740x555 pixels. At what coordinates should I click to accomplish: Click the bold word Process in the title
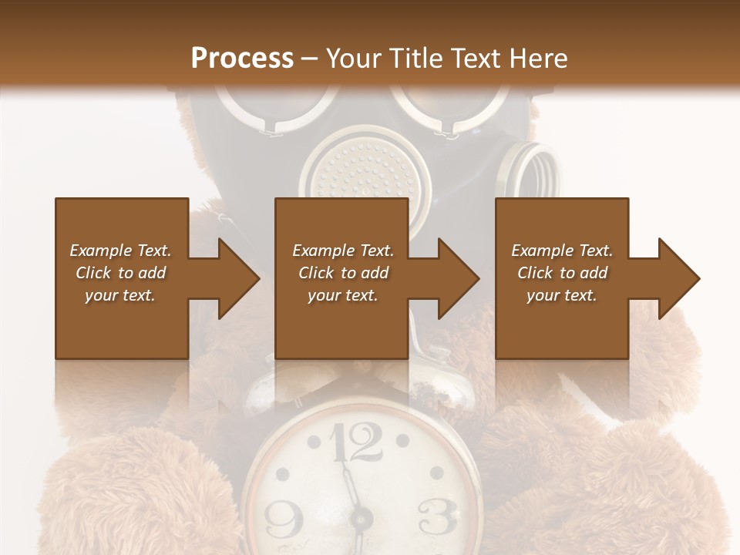[x=242, y=58]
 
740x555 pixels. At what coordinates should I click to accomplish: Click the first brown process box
[x=121, y=278]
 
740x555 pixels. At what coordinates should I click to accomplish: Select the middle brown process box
[x=341, y=278]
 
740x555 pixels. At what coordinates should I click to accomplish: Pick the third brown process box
[x=562, y=278]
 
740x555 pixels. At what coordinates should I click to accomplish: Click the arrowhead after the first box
[x=238, y=278]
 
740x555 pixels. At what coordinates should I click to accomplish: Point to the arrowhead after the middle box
[x=459, y=278]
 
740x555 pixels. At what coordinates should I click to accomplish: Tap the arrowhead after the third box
[x=679, y=278]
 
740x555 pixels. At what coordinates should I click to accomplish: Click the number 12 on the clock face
[x=356, y=444]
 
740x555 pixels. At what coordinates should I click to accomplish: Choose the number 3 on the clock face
[x=436, y=515]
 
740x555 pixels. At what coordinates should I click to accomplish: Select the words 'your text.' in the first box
[x=120, y=295]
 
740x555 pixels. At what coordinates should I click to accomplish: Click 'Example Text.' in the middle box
[x=343, y=251]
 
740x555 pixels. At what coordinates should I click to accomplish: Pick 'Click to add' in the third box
[x=562, y=273]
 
